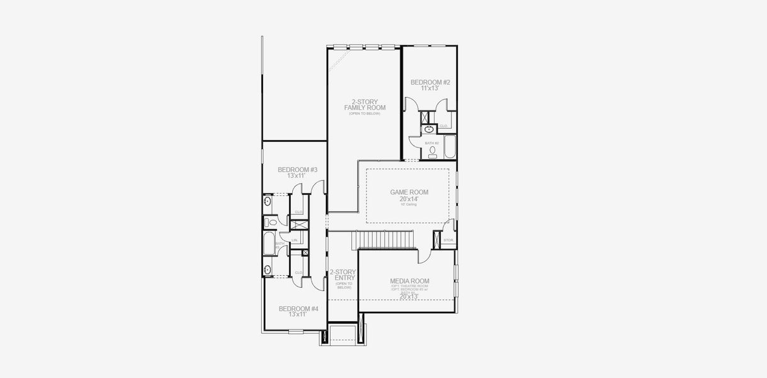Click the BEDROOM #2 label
430,83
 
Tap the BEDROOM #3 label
297,169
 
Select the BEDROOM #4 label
298,309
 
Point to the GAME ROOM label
409,192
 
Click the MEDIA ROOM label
409,281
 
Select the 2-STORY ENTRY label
343,275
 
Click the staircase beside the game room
383,240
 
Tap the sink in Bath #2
429,130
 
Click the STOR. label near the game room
448,240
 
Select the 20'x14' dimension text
409,199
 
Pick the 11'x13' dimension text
430,89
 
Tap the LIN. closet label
295,240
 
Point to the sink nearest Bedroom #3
268,202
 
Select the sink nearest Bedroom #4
268,270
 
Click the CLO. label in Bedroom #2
443,125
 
